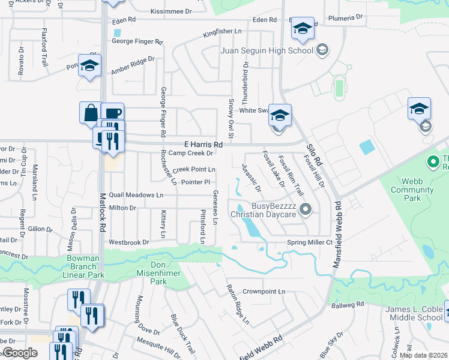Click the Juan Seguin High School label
[x=267, y=50]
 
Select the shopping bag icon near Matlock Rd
[x=90, y=113]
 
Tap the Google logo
[x=20, y=353]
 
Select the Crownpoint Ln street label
[x=264, y=292]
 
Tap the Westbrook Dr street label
[x=128, y=242]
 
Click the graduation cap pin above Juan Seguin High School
[x=303, y=29]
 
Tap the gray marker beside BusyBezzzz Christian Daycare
[x=306, y=210]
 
